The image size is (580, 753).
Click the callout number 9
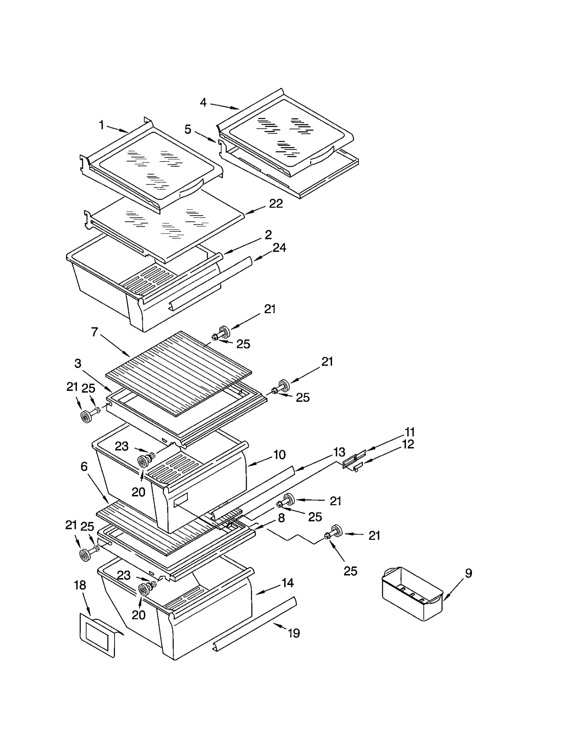tap(468, 573)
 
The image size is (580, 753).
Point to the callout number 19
tap(294, 633)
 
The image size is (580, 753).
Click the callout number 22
tap(276, 204)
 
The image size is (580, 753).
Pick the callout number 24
tap(279, 248)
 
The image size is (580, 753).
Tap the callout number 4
tap(203, 103)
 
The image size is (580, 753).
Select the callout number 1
tap(101, 125)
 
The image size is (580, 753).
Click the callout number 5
tap(187, 129)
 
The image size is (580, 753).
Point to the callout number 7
tap(95, 331)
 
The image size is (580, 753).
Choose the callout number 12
tap(408, 444)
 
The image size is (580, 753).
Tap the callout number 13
tap(339, 452)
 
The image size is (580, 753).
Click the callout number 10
tap(279, 455)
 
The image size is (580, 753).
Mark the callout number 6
tap(84, 466)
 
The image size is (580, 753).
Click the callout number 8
tap(281, 518)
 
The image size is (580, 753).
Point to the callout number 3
tap(78, 363)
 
